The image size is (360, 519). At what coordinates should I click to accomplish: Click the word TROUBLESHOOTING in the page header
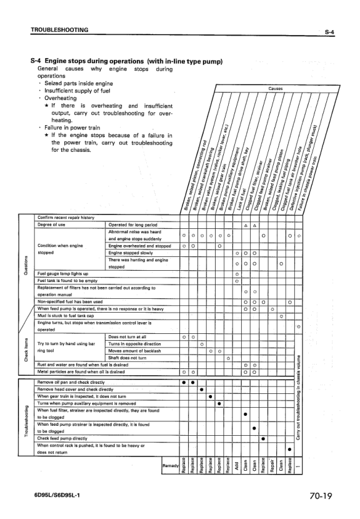[59, 29]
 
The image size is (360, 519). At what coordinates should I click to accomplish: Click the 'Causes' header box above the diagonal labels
[275, 89]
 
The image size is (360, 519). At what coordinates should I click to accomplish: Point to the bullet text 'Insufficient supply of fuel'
[77, 91]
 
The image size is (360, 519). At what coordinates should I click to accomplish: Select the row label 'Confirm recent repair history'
[67, 217]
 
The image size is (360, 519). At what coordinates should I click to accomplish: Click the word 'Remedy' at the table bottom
[169, 466]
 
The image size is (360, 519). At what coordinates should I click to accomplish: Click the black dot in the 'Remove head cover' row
[201, 390]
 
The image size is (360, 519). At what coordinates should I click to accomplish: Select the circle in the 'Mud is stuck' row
[281, 316]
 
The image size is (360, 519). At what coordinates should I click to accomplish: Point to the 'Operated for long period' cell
[133, 224]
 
